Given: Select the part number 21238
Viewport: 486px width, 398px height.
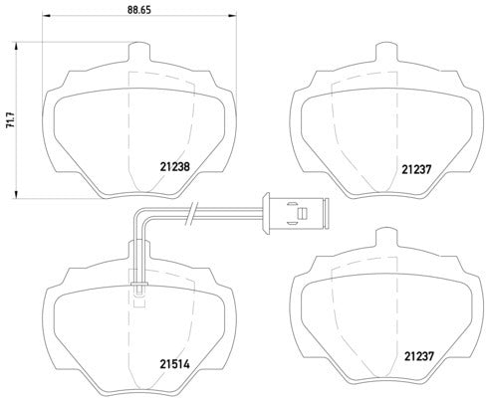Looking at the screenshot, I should (176, 167).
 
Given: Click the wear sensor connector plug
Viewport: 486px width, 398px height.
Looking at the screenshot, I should (294, 211).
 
